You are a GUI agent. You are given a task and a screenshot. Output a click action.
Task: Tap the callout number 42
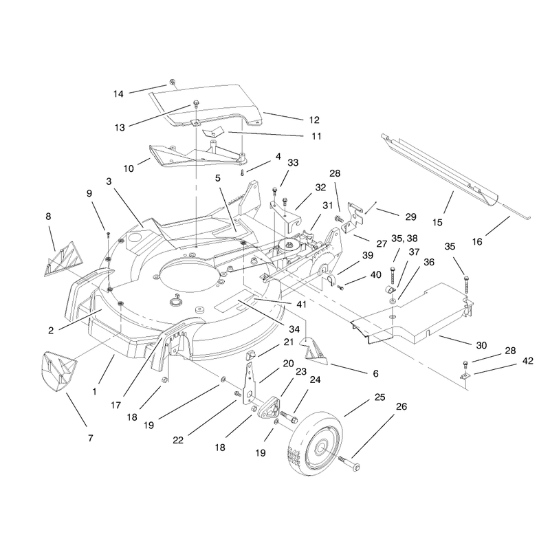point(527,360)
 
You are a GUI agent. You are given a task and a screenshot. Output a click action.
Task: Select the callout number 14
point(118,93)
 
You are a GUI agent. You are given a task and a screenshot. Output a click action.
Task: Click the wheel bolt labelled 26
point(349,462)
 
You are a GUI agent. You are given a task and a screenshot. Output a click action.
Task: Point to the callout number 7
point(91,438)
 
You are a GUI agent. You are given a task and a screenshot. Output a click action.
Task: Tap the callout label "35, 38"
point(404,239)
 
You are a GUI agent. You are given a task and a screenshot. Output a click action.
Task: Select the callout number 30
point(481,346)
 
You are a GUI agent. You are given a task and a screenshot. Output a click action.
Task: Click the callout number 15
point(437,222)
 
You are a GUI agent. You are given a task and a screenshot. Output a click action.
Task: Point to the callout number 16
point(477,241)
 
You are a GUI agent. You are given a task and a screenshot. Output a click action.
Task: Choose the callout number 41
point(302,305)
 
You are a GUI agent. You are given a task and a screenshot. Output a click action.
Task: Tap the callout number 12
point(314,120)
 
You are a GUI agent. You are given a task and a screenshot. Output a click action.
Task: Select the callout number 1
point(94,391)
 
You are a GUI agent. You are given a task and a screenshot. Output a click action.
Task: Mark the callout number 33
point(293,163)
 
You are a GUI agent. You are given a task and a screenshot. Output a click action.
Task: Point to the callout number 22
point(178,440)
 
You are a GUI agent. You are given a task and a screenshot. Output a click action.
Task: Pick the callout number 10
point(129,168)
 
